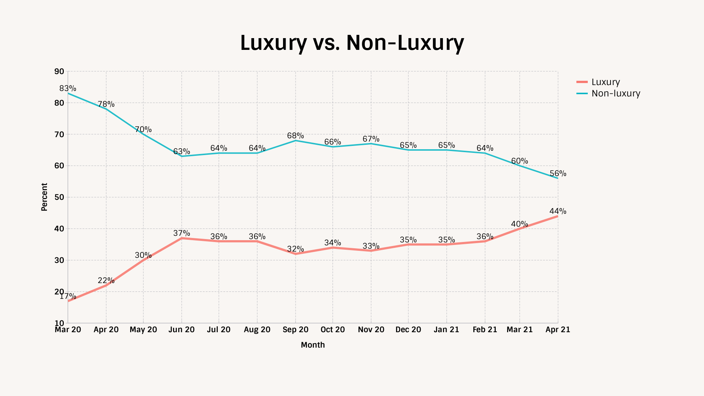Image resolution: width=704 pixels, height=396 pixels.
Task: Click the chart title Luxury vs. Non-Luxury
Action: [352, 43]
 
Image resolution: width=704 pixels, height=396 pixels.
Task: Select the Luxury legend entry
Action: [605, 82]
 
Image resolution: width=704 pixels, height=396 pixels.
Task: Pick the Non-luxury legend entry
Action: [616, 93]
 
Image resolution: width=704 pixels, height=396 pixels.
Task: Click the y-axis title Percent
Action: [44, 197]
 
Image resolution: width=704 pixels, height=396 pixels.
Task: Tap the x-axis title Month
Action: [313, 345]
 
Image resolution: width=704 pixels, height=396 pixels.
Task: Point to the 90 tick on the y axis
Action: [59, 71]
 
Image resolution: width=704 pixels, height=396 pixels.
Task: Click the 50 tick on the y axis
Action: [59, 197]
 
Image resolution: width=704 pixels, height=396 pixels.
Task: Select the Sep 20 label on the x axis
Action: [296, 330]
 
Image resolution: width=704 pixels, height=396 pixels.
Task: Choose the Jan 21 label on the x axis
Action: [446, 330]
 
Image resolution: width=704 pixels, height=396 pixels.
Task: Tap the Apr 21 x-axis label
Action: [558, 330]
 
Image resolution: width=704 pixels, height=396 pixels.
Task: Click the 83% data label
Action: [68, 88]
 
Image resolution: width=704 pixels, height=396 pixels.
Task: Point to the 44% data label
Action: [558, 211]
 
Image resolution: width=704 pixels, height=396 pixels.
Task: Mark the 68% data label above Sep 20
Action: [296, 136]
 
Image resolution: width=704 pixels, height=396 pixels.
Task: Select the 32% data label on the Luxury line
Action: [296, 249]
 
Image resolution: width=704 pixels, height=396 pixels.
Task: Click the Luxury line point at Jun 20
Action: [182, 238]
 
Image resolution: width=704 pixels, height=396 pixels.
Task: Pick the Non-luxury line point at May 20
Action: [143, 134]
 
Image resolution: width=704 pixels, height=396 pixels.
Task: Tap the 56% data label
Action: [558, 173]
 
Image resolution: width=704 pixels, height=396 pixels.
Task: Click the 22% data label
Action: [106, 280]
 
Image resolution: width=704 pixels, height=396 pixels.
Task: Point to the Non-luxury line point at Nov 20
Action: [371, 144]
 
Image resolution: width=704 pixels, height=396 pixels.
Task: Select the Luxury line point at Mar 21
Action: [520, 229]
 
